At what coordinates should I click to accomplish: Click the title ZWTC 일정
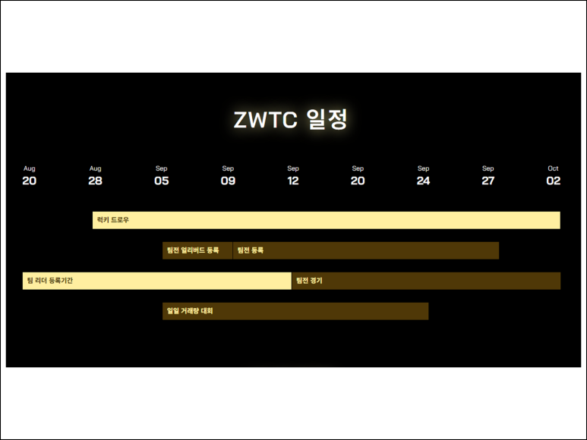(291, 120)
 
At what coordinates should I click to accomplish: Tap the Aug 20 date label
(29, 176)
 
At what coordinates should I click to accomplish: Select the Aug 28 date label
(95, 176)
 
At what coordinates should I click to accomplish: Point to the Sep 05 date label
(162, 176)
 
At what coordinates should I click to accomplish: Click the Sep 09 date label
(228, 176)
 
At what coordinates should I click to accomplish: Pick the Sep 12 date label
(293, 176)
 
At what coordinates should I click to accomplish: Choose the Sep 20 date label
(358, 176)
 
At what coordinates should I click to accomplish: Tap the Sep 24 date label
(423, 176)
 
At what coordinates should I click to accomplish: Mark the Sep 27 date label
(488, 176)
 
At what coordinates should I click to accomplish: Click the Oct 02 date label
(553, 176)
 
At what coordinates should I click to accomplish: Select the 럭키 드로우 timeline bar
(327, 220)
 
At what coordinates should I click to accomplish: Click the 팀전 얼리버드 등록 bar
(197, 250)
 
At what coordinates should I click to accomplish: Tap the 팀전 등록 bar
(365, 250)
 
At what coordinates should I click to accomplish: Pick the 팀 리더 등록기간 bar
(156, 281)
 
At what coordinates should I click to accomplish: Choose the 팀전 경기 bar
(426, 281)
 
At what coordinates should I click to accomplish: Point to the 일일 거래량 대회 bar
(295, 311)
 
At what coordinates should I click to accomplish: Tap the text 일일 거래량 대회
(190, 311)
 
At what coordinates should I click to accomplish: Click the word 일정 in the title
(327, 120)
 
